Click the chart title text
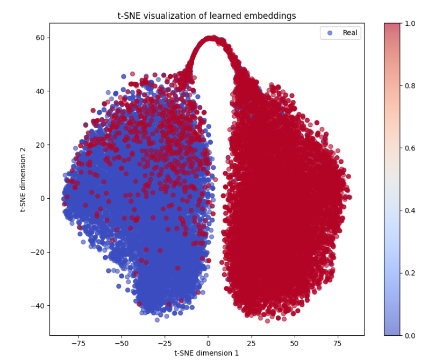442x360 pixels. [206, 16]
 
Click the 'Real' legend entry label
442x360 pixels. [350, 33]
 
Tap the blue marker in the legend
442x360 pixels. [330, 33]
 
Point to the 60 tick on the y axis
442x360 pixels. [40, 38]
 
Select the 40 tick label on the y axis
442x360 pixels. [40, 91]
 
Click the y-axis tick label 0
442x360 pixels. [42, 198]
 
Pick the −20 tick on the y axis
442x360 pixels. [38, 252]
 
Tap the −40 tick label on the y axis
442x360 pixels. [38, 306]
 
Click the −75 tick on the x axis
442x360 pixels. [78, 342]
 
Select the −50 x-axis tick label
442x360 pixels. [122, 342]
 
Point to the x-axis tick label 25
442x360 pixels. [252, 342]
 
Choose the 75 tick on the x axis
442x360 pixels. [338, 342]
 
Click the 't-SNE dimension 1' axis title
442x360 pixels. [206, 353]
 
